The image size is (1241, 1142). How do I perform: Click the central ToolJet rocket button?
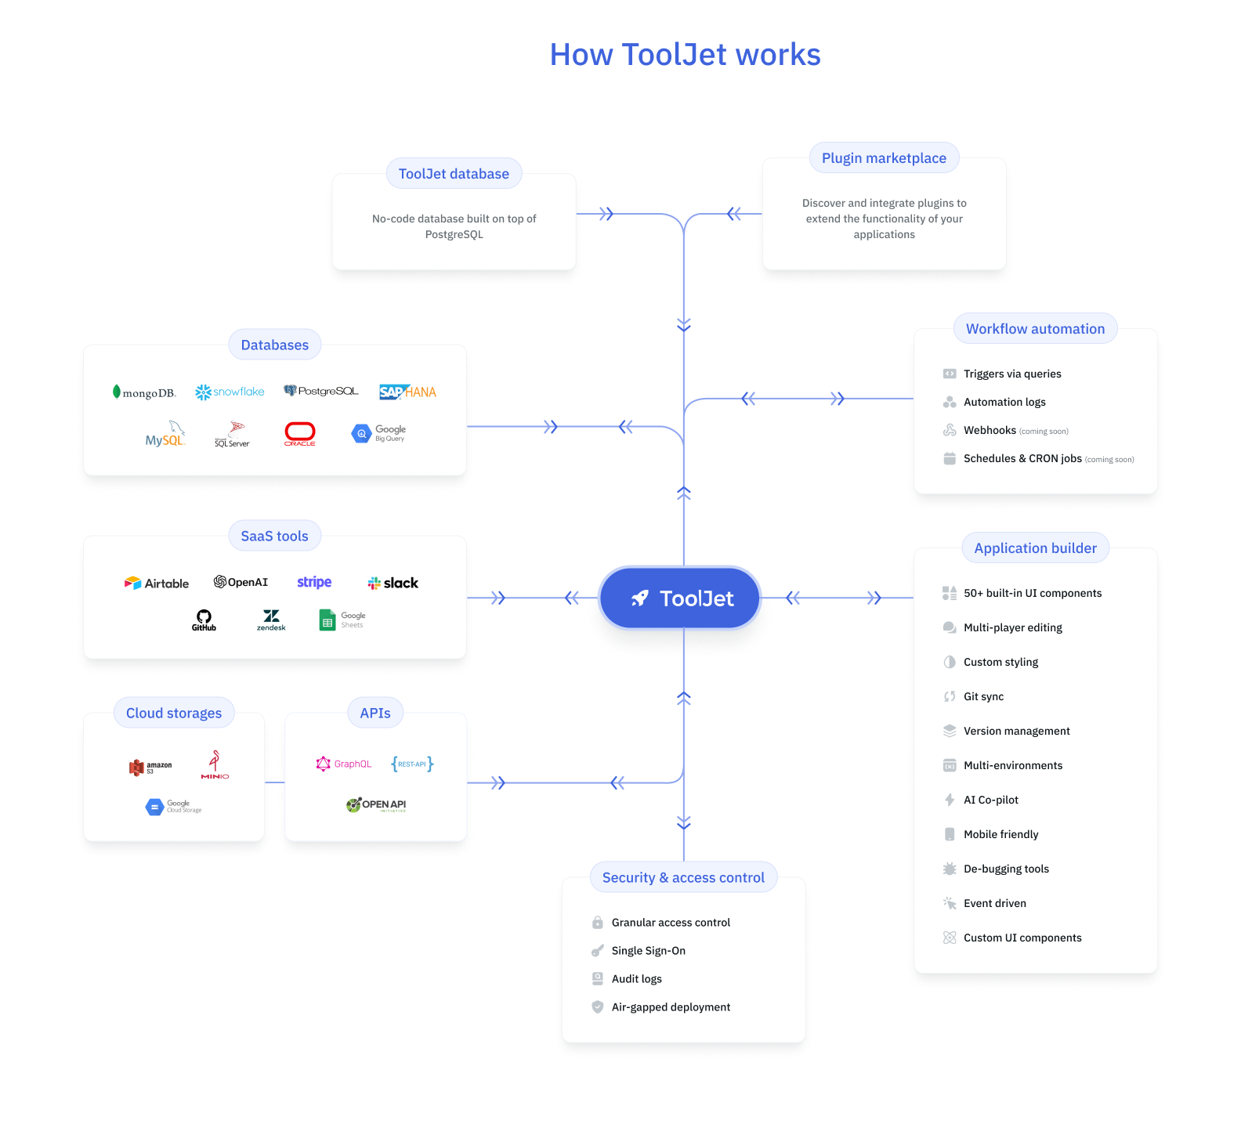[x=680, y=598]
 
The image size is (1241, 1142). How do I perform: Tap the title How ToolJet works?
[x=685, y=55]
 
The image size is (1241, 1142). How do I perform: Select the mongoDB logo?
[x=144, y=392]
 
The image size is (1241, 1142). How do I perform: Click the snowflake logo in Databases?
[x=230, y=392]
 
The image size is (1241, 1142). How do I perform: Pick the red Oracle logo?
[x=299, y=433]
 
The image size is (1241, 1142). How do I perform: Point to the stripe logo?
[x=314, y=582]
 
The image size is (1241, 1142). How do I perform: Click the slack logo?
[x=393, y=583]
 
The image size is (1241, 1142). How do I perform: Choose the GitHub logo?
[x=204, y=620]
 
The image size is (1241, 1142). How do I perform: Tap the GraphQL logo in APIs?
[x=344, y=764]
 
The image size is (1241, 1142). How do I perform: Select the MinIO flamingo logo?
[x=215, y=764]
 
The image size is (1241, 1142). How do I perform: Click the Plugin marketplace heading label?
[x=884, y=158]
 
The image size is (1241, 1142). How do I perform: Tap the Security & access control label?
[x=683, y=877]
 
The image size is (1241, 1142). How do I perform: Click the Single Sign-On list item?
[x=648, y=951]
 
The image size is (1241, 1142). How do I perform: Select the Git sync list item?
[x=983, y=696]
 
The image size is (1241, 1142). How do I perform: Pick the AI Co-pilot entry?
[x=990, y=800]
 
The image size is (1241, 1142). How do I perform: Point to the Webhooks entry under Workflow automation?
[x=990, y=430]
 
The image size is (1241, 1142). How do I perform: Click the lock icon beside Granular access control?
[x=598, y=923]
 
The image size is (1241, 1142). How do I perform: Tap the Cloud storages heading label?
[x=174, y=713]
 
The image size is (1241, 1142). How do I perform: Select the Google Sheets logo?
[x=342, y=620]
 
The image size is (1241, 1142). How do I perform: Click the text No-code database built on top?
[x=454, y=219]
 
